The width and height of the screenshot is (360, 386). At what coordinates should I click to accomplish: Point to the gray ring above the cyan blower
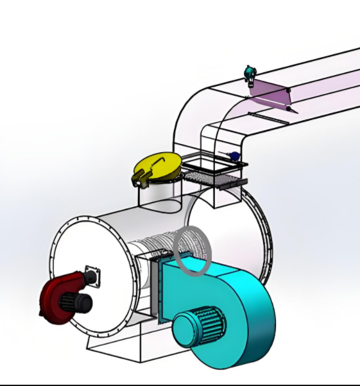click(193, 250)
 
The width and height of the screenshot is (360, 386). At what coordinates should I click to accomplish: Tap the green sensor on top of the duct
click(250, 73)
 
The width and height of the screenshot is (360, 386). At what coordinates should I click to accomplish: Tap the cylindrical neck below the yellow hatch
click(160, 196)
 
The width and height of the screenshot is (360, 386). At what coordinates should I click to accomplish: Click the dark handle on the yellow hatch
click(142, 175)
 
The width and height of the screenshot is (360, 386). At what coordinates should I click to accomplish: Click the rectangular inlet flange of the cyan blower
click(154, 286)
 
